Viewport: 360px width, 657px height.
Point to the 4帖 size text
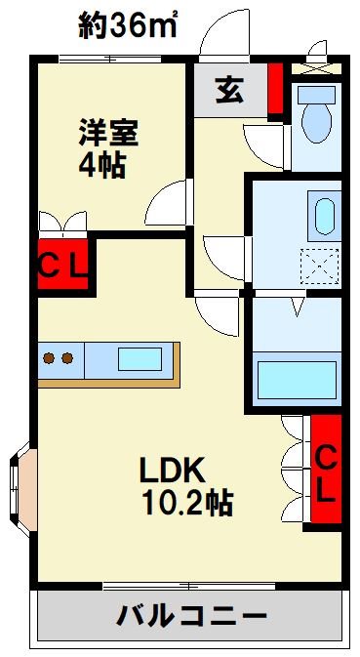coord(100,164)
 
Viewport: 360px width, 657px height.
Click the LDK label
coord(172,472)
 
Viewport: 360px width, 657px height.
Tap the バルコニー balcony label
coord(192,616)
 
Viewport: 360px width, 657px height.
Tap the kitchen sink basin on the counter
coord(139,358)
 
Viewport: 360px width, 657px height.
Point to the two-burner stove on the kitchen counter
coord(58,358)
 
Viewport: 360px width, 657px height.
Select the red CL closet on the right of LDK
coord(326,472)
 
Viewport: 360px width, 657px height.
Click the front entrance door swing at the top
coord(222,34)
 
